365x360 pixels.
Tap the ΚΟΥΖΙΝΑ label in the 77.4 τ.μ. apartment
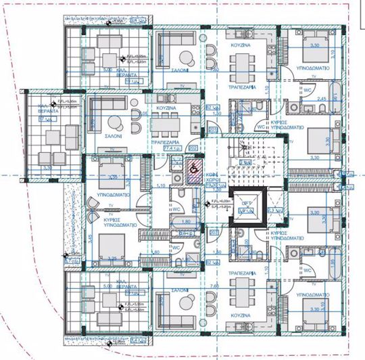[x=166, y=108]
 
